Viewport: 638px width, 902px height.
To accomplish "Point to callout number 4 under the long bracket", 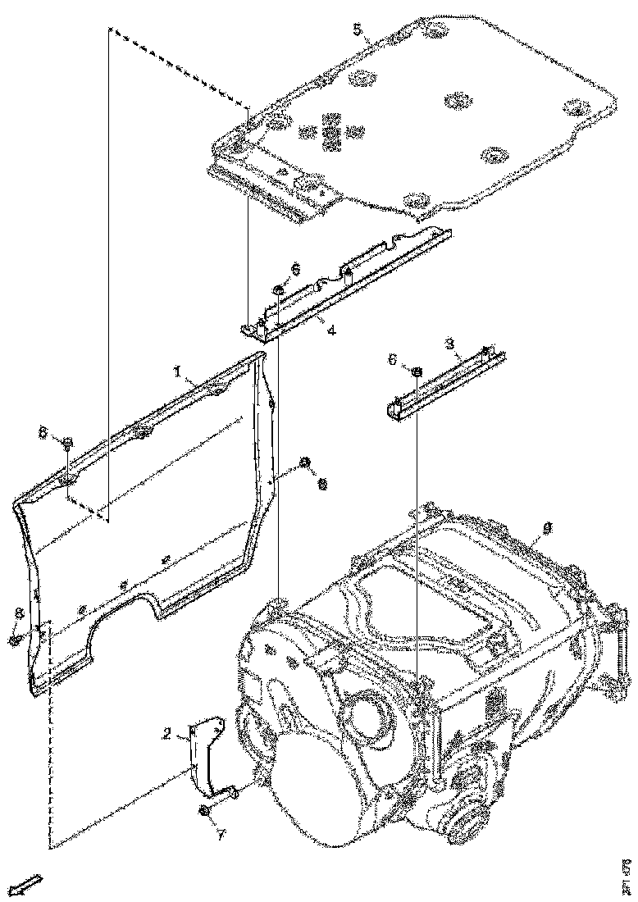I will [x=330, y=332].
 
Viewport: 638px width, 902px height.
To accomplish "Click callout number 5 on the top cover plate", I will [x=357, y=30].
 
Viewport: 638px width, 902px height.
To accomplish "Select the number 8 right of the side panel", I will [x=322, y=485].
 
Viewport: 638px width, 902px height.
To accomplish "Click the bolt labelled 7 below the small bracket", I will [x=203, y=812].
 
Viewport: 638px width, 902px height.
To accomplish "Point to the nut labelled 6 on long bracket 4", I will [x=280, y=289].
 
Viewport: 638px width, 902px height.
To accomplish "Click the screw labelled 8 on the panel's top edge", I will [x=67, y=444].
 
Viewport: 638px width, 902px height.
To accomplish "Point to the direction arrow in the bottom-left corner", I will [x=28, y=884].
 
